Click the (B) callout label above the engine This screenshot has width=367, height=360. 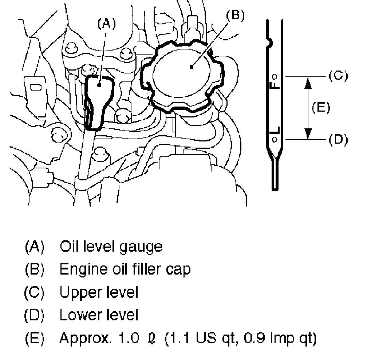[x=235, y=15]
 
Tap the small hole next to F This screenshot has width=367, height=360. [x=276, y=76]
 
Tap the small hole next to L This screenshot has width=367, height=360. [x=275, y=138]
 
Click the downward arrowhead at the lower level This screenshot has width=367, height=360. [x=308, y=133]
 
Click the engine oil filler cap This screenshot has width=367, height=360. [x=182, y=76]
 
